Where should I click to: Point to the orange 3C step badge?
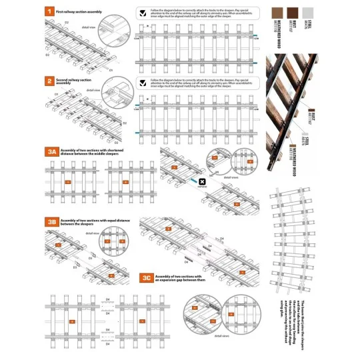pyautogui.click(x=146, y=277)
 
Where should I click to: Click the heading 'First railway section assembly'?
pyautogui.click(x=78, y=12)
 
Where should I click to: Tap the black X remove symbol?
pyautogui.click(x=201, y=181)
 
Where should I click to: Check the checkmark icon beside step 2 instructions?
pyautogui.click(x=143, y=83)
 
